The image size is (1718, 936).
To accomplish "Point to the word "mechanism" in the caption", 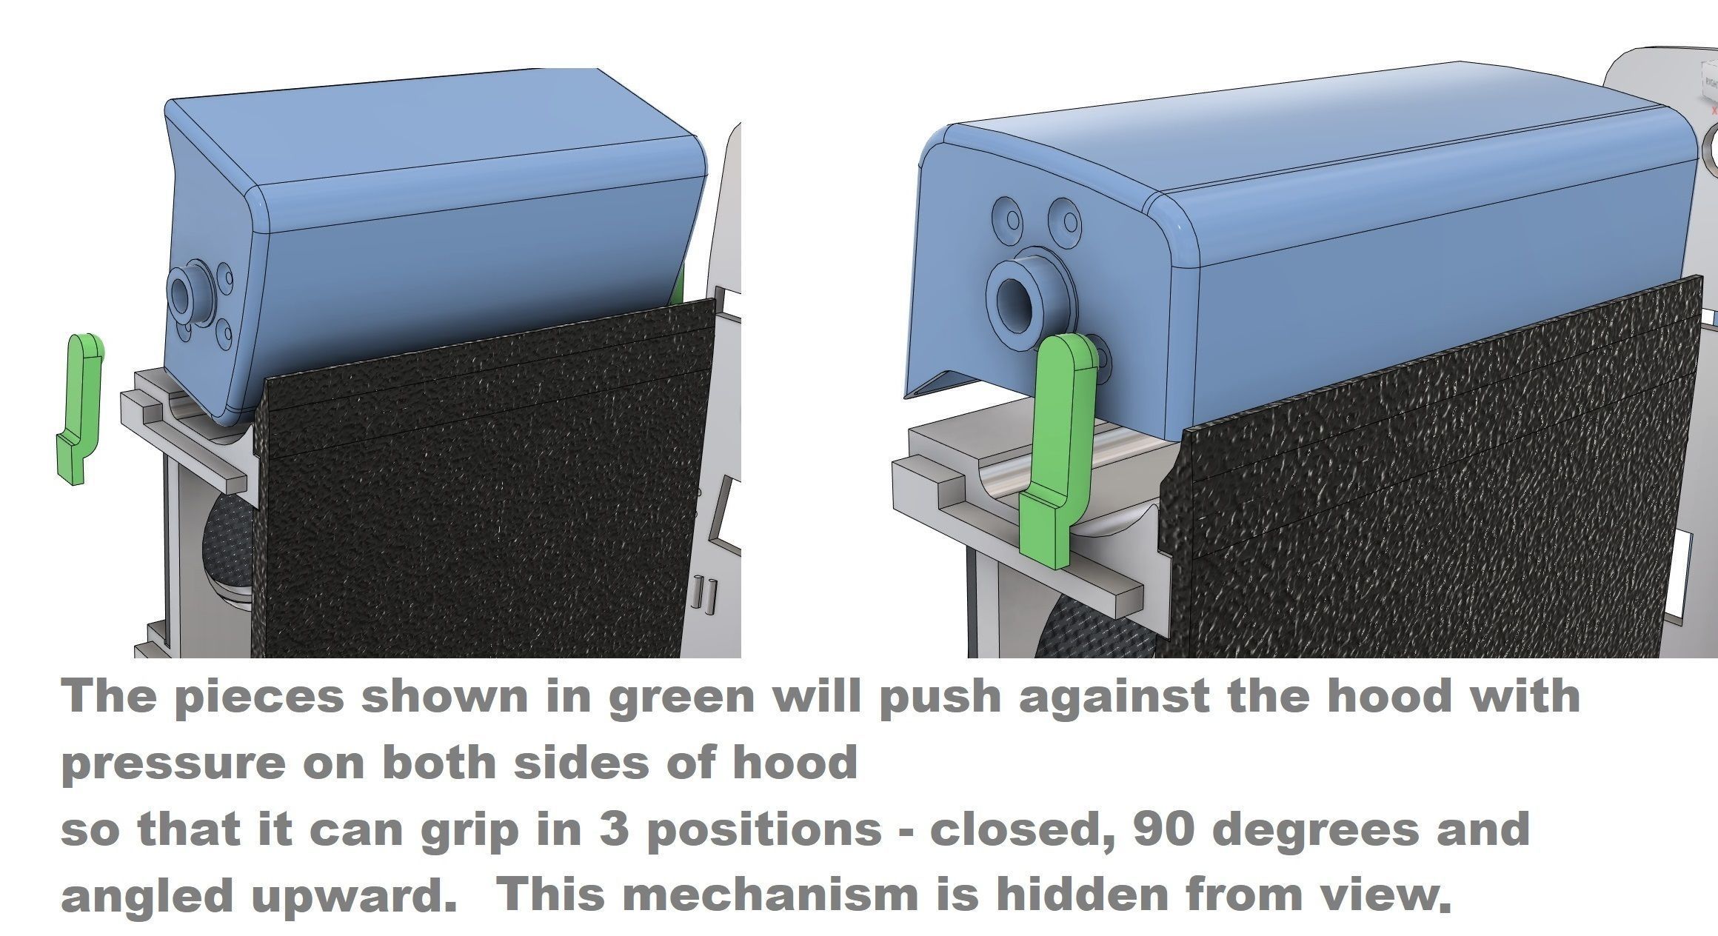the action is point(837,895).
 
